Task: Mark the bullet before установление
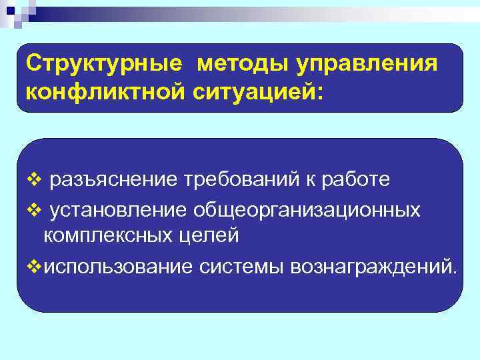point(35,211)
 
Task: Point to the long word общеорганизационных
point(307,210)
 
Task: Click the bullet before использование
point(35,267)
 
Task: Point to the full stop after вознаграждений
point(455,271)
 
